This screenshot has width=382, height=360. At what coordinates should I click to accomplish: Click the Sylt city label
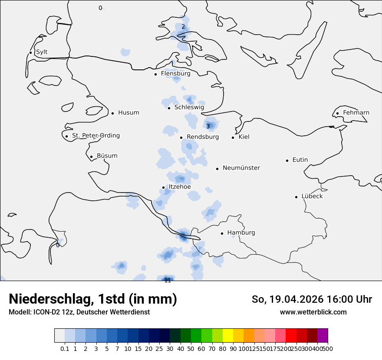[x=42, y=52]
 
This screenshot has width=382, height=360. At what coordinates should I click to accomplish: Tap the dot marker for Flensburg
[x=155, y=74]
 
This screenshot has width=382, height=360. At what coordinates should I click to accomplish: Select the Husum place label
[x=128, y=113]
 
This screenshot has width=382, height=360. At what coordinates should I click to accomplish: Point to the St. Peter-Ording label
[x=96, y=136]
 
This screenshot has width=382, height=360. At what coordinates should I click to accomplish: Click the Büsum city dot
[x=91, y=157]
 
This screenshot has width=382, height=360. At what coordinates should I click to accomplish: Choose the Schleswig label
[x=189, y=108]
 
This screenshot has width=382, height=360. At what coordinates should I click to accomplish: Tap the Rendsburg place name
[x=203, y=137]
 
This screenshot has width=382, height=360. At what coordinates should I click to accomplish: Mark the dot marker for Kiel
[x=233, y=137]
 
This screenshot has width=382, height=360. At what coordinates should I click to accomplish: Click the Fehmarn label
[x=356, y=113]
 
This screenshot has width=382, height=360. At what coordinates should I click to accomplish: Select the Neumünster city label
[x=241, y=168]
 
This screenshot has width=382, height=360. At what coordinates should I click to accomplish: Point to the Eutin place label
[x=300, y=160]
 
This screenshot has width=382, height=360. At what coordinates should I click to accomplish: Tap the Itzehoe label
[x=180, y=187]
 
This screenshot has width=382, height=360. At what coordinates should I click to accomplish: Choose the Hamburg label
[x=241, y=233]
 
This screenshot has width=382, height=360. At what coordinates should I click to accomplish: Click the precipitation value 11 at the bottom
[x=168, y=280]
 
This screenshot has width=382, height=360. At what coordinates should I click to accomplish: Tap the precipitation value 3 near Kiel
[x=208, y=126]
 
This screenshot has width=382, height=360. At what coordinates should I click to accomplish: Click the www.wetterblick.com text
[x=313, y=312]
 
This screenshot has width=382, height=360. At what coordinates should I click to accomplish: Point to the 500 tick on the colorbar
[x=328, y=348]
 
